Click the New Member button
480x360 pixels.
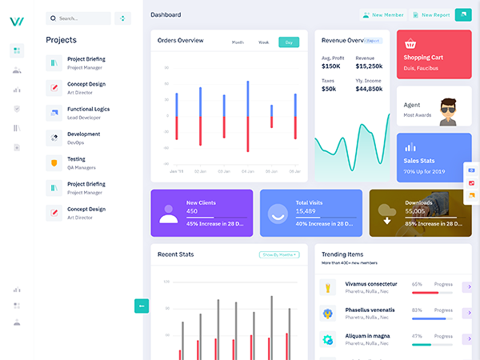(x=382, y=14)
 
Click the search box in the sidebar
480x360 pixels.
(x=78, y=18)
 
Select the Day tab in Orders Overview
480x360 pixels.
(x=289, y=42)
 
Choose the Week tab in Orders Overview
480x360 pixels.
(x=263, y=42)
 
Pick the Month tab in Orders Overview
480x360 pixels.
(x=238, y=42)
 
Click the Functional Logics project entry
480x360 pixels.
(x=88, y=109)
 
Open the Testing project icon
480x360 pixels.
(x=54, y=163)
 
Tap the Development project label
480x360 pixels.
(x=84, y=134)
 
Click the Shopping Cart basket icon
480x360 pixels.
(x=411, y=45)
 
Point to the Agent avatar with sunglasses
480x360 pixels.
(x=445, y=113)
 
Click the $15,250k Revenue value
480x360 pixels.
(x=369, y=66)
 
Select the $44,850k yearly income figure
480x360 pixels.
(x=369, y=89)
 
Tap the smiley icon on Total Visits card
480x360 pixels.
(x=278, y=214)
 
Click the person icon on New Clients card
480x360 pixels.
(x=169, y=214)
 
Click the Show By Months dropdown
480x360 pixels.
(x=279, y=254)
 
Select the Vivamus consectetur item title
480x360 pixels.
(x=371, y=284)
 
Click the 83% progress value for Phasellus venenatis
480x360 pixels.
(x=417, y=310)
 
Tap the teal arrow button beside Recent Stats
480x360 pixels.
(x=142, y=305)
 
